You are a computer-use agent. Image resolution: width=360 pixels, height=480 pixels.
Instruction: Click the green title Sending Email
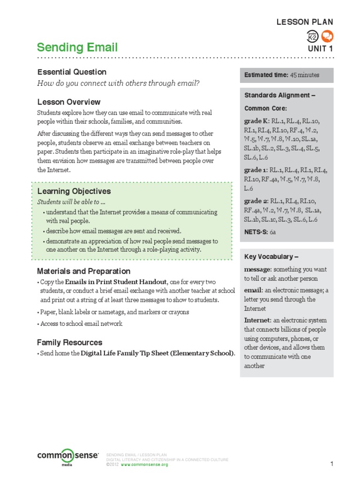coord(77,47)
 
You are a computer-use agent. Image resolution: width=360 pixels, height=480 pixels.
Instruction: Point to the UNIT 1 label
coord(320,48)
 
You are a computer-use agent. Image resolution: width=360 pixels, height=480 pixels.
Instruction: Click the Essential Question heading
coord(72,72)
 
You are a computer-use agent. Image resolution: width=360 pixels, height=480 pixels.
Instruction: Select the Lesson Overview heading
coord(69,102)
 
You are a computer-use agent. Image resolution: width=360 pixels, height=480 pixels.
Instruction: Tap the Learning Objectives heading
coord(74,191)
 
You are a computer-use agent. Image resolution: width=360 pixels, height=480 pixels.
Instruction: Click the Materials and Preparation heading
coord(84,271)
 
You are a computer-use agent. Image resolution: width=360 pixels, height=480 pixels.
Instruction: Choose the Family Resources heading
coord(70,342)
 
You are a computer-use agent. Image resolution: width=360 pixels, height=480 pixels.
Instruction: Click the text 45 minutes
coord(305,75)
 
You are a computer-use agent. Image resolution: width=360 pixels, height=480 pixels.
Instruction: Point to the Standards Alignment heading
coord(279,95)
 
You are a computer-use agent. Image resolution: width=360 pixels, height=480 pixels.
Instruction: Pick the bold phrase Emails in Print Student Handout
coord(116,282)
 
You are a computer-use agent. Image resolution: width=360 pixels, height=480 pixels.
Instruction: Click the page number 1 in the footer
coord(331,464)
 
